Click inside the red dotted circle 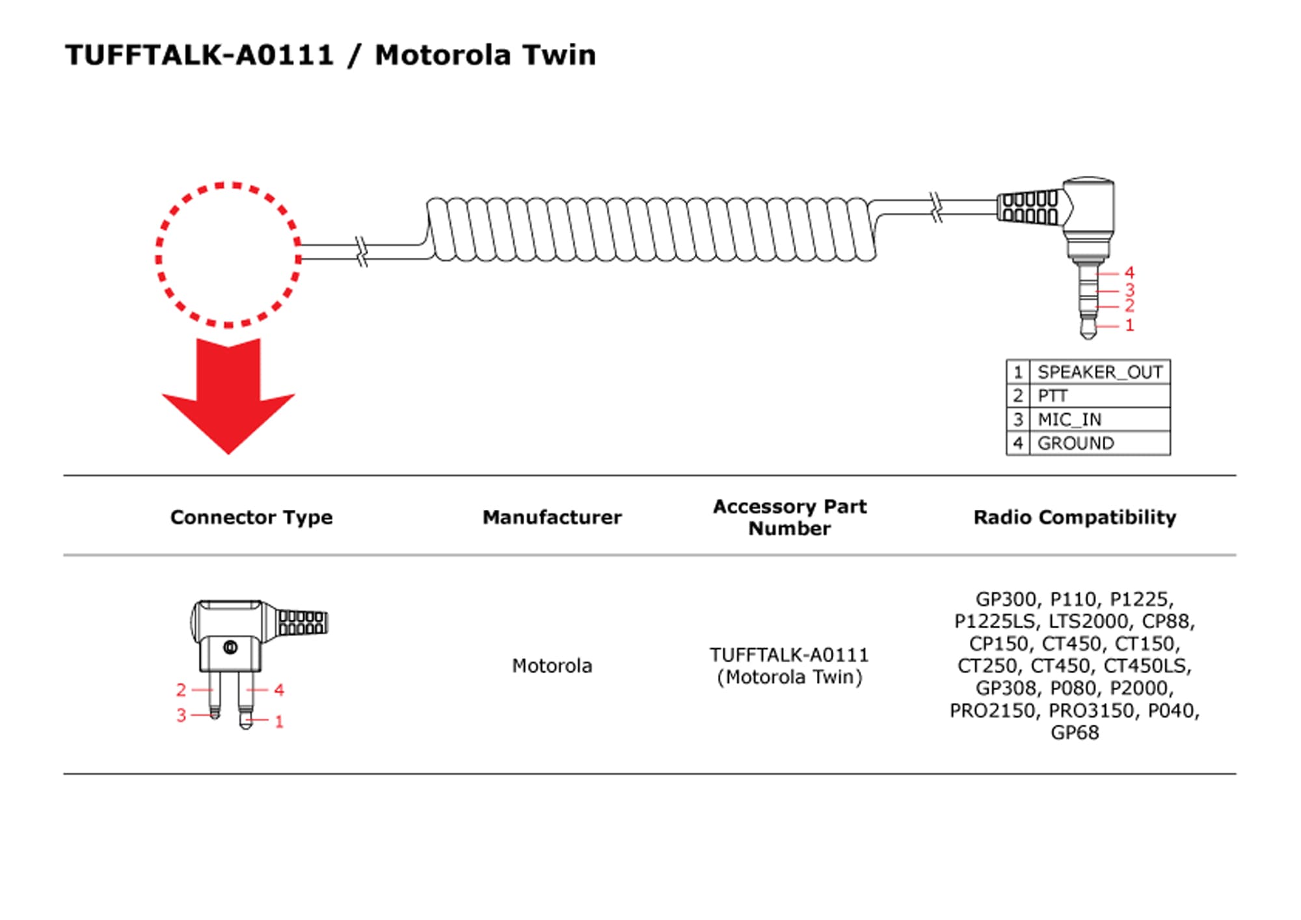pyautogui.click(x=228, y=255)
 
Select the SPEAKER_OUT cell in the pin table pyautogui.click(x=1099, y=372)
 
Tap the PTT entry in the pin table pyautogui.click(x=1052, y=396)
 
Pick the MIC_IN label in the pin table pyautogui.click(x=1069, y=419)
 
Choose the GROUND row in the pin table pyautogui.click(x=1075, y=443)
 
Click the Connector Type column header pyautogui.click(x=251, y=517)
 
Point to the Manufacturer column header pyautogui.click(x=552, y=517)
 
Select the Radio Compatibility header pyautogui.click(x=1075, y=517)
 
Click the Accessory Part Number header pyautogui.click(x=789, y=517)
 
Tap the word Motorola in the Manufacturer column pyautogui.click(x=552, y=665)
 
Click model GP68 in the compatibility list pyautogui.click(x=1075, y=732)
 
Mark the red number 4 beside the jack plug pyautogui.click(x=1129, y=272)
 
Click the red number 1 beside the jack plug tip pyautogui.click(x=1129, y=325)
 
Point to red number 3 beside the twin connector pyautogui.click(x=181, y=715)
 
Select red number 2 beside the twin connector pyautogui.click(x=181, y=690)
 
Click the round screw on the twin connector pyautogui.click(x=230, y=647)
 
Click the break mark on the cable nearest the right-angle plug pyautogui.click(x=936, y=207)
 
